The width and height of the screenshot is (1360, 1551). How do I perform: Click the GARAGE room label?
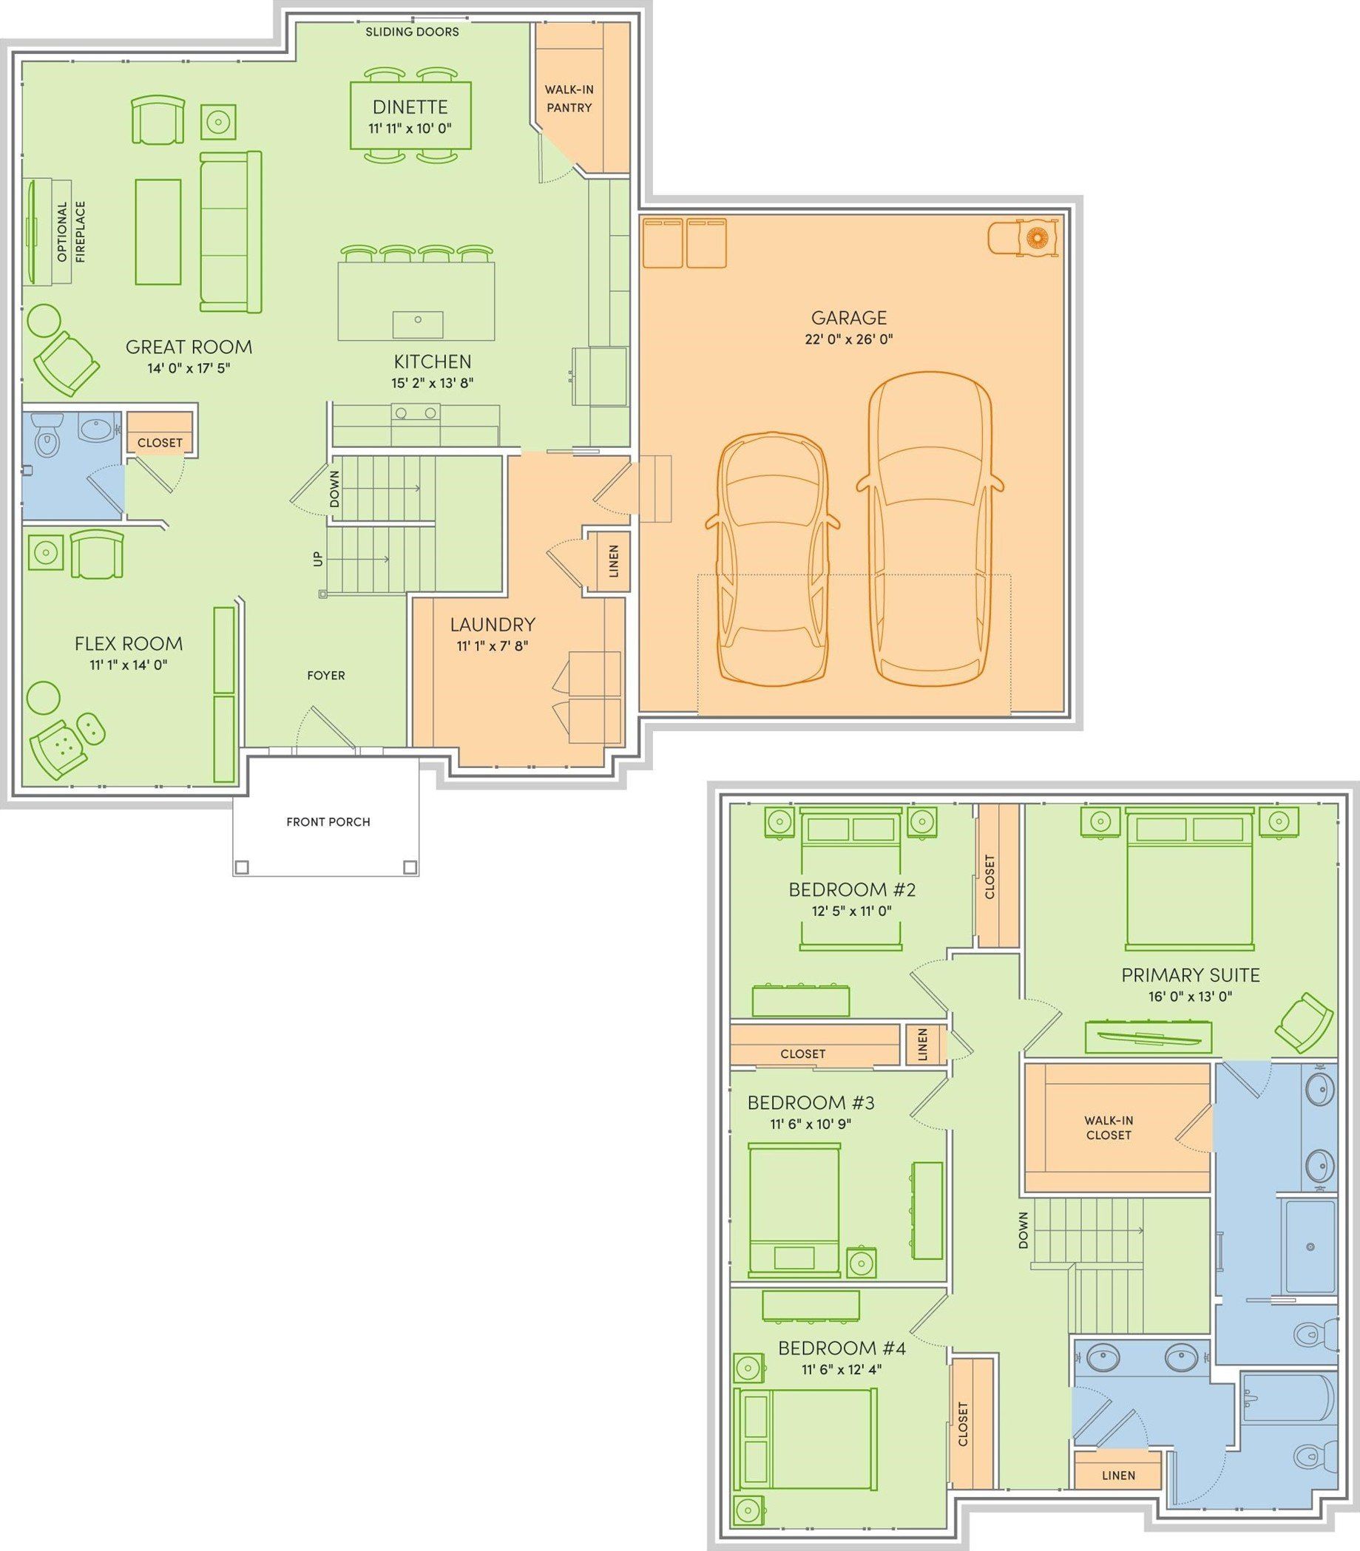848,317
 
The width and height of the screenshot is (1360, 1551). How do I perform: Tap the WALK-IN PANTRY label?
569,98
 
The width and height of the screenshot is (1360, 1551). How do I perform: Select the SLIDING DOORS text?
412,32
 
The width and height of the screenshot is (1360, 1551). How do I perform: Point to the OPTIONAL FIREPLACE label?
71,231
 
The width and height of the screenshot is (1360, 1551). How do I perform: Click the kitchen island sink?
417,324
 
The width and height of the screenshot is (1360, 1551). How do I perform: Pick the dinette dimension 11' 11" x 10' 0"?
410,128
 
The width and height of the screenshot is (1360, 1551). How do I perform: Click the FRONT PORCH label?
328,822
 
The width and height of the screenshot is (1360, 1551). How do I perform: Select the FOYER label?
325,676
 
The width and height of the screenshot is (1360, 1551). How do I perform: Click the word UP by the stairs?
318,558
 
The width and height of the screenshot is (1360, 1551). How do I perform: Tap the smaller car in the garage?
774,557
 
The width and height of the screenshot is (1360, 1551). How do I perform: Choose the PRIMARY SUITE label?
1190,975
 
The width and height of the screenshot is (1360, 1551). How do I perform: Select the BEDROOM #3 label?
811,1102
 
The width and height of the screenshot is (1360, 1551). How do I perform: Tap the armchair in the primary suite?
1304,1022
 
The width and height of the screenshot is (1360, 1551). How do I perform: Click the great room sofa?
231,231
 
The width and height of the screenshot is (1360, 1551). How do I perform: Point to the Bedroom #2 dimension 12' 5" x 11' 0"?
851,911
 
